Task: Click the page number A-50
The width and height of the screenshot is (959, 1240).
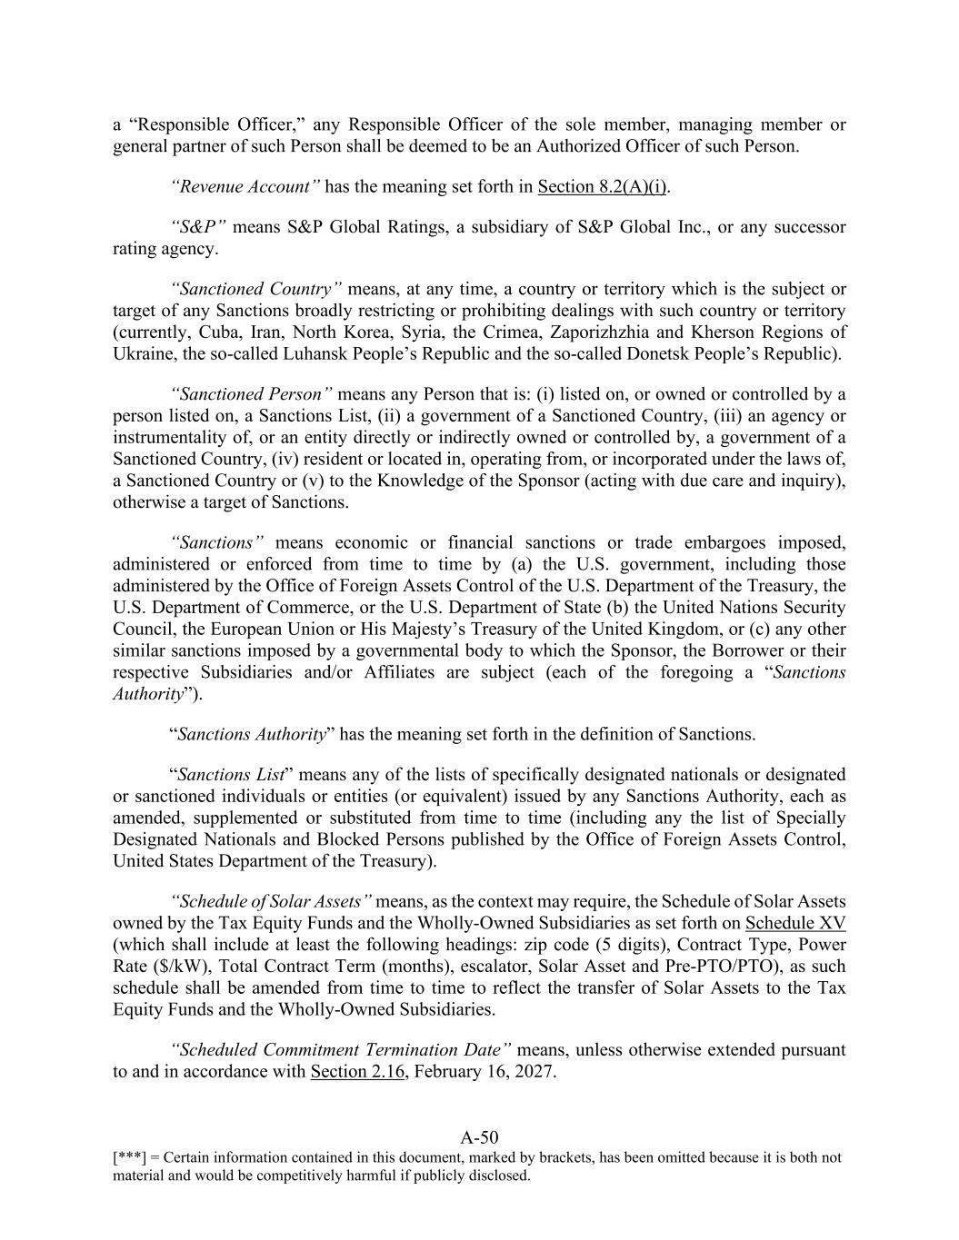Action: (479, 1137)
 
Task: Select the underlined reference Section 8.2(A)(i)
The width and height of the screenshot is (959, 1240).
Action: (603, 187)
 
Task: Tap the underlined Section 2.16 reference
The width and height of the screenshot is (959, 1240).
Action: (357, 1072)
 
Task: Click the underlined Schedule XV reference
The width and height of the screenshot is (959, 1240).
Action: (794, 924)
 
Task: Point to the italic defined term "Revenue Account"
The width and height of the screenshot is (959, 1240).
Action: (245, 187)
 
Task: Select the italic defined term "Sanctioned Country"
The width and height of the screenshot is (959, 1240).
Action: (256, 290)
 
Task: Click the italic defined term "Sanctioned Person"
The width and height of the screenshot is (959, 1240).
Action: (252, 394)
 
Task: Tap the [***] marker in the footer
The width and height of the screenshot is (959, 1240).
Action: (129, 1158)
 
